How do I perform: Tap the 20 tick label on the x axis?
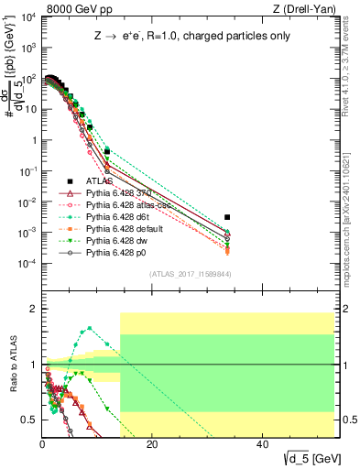point(152,444)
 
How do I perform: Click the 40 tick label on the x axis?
point(262,444)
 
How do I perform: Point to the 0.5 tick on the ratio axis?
point(31,420)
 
